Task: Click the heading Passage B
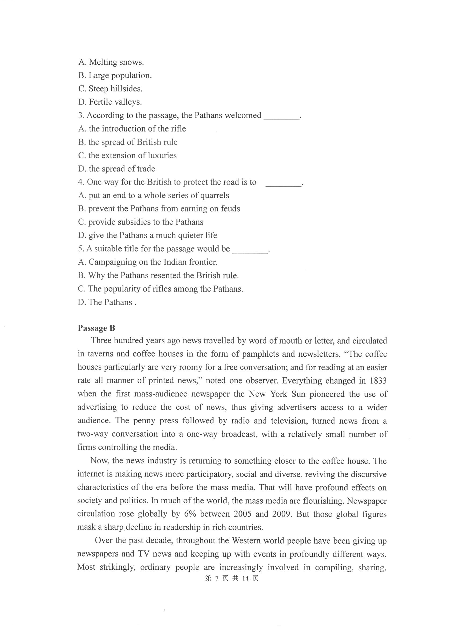coord(96,328)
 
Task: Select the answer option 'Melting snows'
coord(111,62)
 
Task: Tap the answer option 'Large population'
coord(115,75)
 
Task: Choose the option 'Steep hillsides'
coord(110,89)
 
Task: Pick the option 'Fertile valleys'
coord(110,102)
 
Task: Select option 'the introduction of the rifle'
coord(132,129)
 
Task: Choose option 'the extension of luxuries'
coord(127,155)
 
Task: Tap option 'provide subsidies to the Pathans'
coord(141,222)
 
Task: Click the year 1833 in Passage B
coord(378,381)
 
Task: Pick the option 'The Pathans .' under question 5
coord(107,302)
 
